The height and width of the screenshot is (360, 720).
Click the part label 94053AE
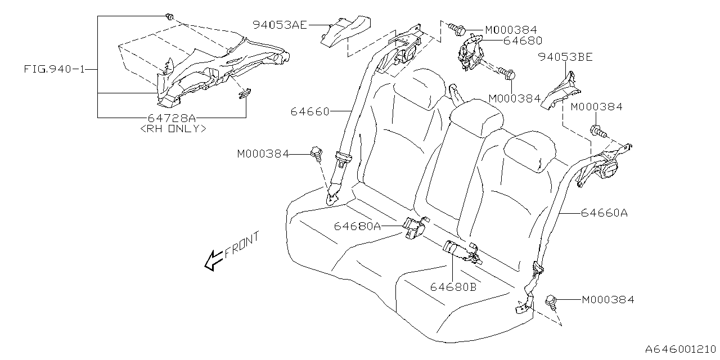tap(280, 25)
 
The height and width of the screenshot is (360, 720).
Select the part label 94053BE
tap(565, 57)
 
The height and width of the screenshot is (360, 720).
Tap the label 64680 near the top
tap(523, 40)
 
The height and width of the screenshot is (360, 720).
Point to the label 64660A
tap(604, 213)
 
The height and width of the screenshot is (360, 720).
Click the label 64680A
tap(357, 226)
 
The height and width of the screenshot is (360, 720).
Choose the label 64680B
tap(453, 286)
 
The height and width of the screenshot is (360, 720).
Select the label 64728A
tap(172, 118)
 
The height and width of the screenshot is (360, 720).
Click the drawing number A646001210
tap(681, 349)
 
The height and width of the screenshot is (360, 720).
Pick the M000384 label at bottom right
tap(607, 300)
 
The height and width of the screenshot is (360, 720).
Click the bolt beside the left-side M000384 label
tap(316, 152)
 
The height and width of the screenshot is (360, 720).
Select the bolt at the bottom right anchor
tap(552, 302)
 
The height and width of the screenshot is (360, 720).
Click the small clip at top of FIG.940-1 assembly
tap(169, 18)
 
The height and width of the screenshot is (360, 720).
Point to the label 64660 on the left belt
tap(310, 111)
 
